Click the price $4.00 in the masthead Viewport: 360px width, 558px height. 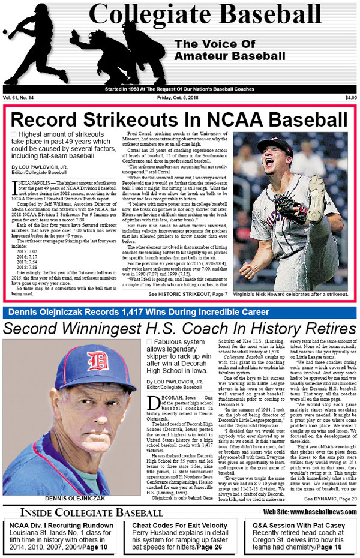coord(350,98)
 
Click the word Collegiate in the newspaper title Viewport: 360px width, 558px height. coord(148,16)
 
